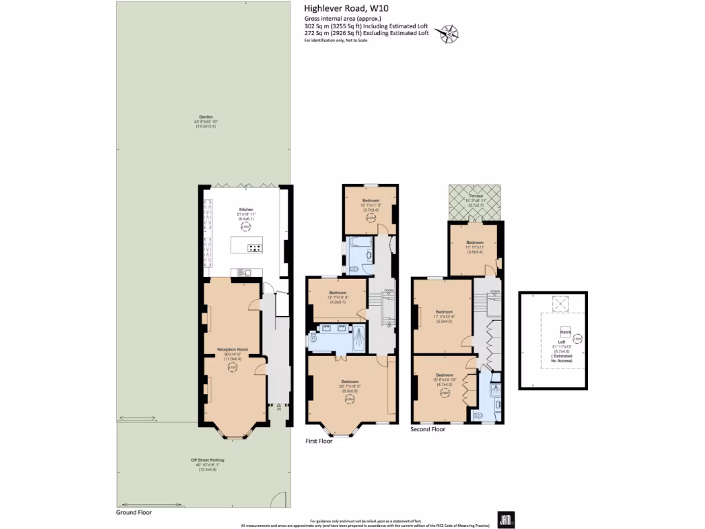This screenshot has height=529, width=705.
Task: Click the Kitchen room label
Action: [x=246, y=209]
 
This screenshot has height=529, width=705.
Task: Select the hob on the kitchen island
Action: [x=254, y=248]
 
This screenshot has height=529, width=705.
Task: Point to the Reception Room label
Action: [x=231, y=350]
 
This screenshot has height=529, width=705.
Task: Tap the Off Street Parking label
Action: [x=207, y=459]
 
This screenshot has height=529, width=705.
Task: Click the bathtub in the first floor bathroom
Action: [x=359, y=242]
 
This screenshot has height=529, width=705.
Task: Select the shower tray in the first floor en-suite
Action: [x=359, y=339]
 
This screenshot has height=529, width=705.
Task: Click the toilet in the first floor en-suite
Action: [x=314, y=338]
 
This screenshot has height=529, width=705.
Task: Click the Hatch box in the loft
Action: [x=565, y=331]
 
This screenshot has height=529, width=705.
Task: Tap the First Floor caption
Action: [x=319, y=441]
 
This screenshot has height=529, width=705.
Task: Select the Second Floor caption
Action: [x=428, y=429]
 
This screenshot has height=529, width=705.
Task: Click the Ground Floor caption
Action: [x=134, y=512]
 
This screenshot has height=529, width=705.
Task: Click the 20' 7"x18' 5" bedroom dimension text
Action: [x=350, y=386]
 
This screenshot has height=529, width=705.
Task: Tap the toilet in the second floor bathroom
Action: [x=478, y=415]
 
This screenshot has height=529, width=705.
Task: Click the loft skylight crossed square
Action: [x=560, y=301]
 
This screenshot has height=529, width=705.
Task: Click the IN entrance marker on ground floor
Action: [x=278, y=407]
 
